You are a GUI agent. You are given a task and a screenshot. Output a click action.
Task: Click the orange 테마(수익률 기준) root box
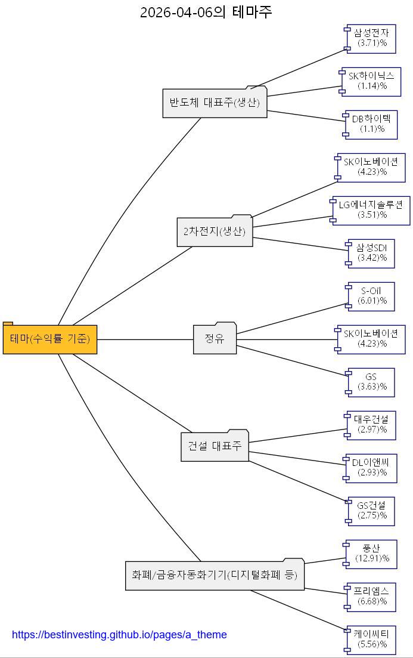point(50,339)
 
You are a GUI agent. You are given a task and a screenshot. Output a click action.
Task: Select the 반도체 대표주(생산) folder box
point(215,103)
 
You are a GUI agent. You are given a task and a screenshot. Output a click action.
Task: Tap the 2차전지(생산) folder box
point(215,231)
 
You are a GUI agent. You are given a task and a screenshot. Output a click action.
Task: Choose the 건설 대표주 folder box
point(215,446)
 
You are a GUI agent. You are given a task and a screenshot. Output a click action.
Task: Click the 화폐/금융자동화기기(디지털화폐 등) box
point(215,576)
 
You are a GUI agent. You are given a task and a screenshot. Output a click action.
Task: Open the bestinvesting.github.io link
point(119,635)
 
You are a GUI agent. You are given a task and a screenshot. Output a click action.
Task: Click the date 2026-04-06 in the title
point(176,12)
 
